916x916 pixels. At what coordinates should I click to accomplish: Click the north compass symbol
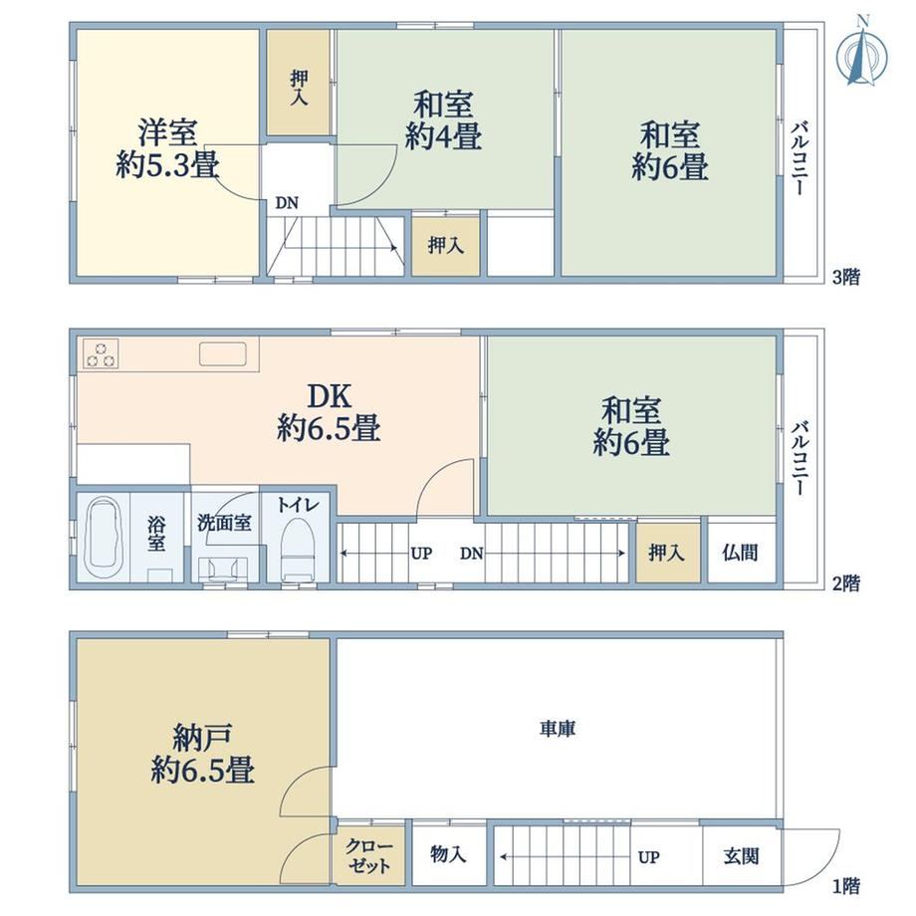(861, 53)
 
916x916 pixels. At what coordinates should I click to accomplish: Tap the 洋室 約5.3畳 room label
(167, 148)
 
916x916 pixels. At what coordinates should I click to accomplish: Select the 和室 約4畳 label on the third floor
(443, 120)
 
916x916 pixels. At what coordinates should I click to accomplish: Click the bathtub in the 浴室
(103, 537)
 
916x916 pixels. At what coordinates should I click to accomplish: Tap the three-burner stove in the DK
(101, 353)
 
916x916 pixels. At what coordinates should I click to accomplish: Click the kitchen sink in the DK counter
(223, 354)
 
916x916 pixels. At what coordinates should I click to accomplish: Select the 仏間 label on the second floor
(740, 552)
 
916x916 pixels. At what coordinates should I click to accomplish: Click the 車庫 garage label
(558, 729)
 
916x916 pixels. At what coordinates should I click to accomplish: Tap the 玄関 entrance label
(742, 856)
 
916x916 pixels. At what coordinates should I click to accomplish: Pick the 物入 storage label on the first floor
(448, 854)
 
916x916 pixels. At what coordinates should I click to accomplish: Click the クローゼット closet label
(368, 855)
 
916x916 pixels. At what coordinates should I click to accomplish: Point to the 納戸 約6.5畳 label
(202, 754)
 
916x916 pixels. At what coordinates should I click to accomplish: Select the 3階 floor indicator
(846, 277)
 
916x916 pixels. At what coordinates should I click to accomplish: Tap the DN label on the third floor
(287, 203)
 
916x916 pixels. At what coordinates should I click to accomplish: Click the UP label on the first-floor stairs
(648, 857)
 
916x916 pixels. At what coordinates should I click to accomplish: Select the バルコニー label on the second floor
(800, 458)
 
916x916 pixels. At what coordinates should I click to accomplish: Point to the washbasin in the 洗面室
(223, 569)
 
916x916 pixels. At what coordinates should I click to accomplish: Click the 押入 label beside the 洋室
(299, 88)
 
